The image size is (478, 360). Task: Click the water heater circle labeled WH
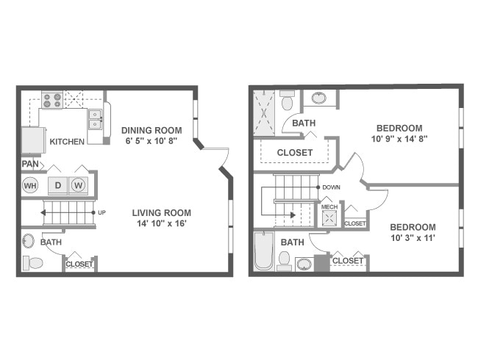(30, 185)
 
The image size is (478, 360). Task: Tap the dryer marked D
(58, 185)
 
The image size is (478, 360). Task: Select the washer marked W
(79, 185)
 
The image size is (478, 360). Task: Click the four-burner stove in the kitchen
(51, 99)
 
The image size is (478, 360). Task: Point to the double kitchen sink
(96, 115)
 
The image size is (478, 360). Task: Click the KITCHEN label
(67, 141)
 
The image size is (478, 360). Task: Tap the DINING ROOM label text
(151, 130)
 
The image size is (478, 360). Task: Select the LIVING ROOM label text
(162, 213)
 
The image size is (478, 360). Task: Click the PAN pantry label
(30, 164)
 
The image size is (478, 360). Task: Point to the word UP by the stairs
(102, 213)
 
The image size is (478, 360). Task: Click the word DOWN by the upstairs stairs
(331, 187)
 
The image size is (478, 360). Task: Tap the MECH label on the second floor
(329, 207)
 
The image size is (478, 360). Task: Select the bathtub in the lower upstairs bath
(263, 251)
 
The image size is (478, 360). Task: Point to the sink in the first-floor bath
(28, 241)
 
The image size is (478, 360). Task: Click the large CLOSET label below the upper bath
(295, 153)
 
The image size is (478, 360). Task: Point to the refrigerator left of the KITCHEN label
(33, 140)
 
